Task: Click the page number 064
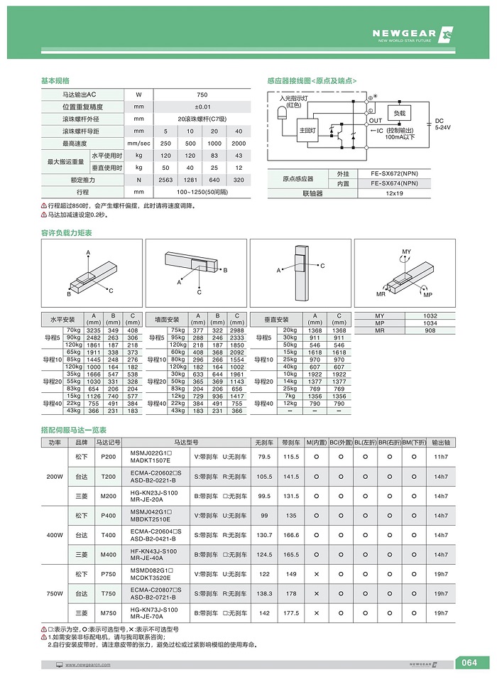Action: coord(469,664)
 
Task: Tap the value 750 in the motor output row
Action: coord(202,94)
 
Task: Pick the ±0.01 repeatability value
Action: coord(202,107)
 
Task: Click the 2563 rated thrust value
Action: coord(165,180)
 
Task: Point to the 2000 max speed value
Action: coord(239,144)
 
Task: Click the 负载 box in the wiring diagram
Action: coord(399,113)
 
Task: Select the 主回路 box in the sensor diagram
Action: coord(307,131)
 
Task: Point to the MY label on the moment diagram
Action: coord(406,252)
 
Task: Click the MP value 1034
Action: coord(430,324)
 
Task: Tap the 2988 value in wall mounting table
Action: coord(237,330)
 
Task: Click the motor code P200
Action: coord(109,457)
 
